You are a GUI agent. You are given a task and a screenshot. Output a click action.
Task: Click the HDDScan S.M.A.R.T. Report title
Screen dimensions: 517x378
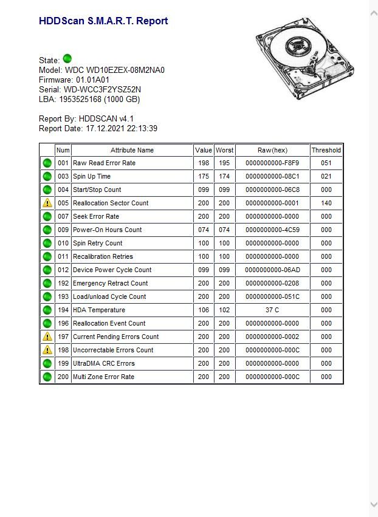tap(103, 21)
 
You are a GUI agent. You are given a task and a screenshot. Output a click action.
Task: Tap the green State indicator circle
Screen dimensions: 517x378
tap(67, 59)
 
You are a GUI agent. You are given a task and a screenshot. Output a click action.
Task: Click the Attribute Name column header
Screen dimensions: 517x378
tap(132, 150)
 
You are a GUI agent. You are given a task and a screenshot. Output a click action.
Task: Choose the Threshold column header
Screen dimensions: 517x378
tap(326, 150)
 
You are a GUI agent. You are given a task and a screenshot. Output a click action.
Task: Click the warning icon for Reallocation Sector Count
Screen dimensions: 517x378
tap(47, 203)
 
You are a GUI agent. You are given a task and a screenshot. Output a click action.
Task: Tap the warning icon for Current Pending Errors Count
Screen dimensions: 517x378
tap(47, 337)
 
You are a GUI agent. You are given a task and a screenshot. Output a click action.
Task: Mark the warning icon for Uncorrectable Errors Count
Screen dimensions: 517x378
tap(47, 350)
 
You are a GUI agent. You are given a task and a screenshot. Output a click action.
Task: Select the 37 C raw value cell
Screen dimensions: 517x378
tap(272, 310)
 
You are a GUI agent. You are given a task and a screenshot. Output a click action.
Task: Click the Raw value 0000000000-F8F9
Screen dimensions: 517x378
tap(272, 163)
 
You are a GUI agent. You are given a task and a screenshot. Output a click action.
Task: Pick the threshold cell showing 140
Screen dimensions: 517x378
tap(326, 203)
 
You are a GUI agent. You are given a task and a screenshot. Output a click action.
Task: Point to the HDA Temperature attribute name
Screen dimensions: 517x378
tap(100, 310)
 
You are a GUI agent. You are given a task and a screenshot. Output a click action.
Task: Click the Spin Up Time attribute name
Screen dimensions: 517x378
tap(92, 176)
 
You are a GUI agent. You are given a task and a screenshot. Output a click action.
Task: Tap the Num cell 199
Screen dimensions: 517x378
tap(63, 363)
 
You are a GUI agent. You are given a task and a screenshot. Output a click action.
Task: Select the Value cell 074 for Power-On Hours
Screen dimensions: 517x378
tap(204, 230)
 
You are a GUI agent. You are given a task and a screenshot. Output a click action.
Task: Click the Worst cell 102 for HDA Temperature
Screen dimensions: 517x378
tap(224, 310)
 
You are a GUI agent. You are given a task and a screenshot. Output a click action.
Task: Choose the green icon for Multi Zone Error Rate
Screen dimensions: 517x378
tap(47, 377)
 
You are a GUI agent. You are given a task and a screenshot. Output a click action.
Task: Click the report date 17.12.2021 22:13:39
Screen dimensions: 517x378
tap(122, 128)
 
